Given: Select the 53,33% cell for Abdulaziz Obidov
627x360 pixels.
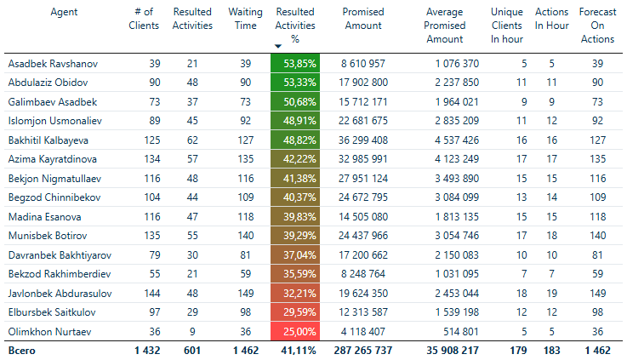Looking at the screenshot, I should (x=295, y=83).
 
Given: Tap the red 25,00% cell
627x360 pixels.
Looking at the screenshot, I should (x=295, y=332).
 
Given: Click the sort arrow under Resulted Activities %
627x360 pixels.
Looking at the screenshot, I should (x=278, y=46).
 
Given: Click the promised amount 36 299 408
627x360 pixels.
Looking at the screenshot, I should (x=364, y=140).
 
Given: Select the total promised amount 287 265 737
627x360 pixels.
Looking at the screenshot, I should (x=362, y=351).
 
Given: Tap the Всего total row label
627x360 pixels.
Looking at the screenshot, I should (x=22, y=351).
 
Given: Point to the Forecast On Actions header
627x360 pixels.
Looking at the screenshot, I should (x=597, y=26).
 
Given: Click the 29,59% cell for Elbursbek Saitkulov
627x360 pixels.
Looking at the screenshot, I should (x=295, y=312).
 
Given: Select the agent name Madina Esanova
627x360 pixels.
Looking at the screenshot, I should (x=44, y=216).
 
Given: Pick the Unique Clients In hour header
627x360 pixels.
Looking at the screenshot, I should (x=507, y=26).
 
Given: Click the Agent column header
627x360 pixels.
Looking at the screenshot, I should (x=65, y=13).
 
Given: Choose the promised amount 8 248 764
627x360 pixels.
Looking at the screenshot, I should (x=368, y=274).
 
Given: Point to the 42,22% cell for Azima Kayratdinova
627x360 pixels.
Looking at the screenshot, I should (x=295, y=159).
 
